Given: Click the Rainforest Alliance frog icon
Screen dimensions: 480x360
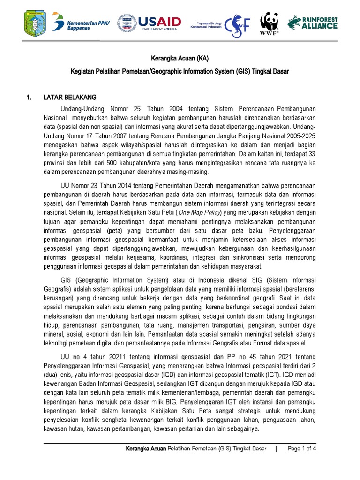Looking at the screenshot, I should (294, 22).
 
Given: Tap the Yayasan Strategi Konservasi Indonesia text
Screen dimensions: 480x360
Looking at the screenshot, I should (206, 22).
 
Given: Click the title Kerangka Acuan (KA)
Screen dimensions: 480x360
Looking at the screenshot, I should (180, 59).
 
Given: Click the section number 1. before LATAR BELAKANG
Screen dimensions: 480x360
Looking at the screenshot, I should (29, 97).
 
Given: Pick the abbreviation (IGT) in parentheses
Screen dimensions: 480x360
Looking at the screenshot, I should (269, 375).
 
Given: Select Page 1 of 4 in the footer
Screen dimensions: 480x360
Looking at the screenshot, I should (302, 449).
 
